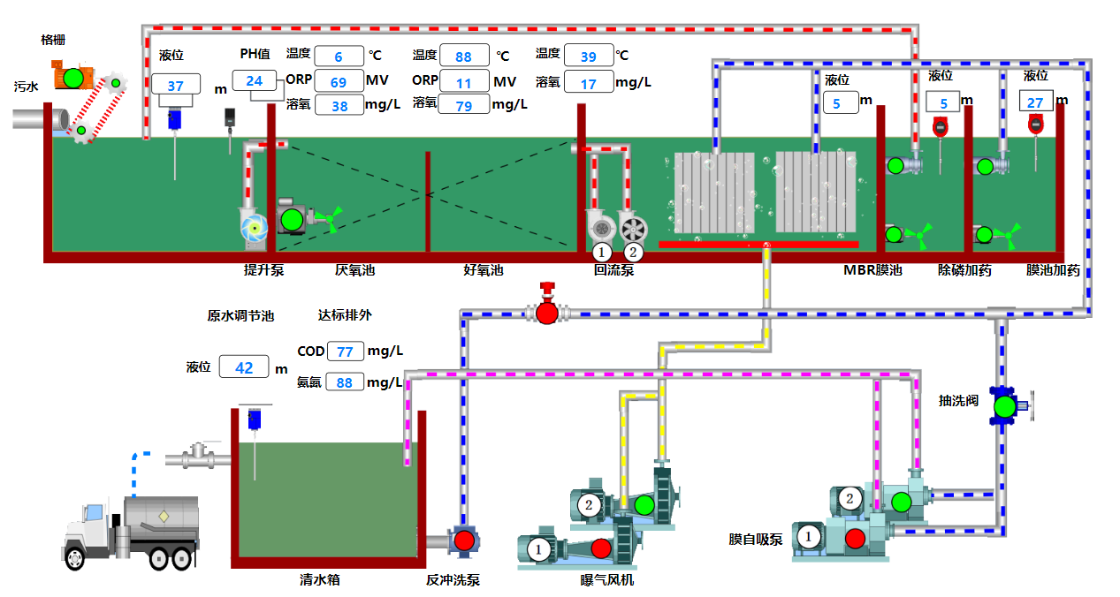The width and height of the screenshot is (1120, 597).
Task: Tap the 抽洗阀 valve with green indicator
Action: [x=1004, y=407]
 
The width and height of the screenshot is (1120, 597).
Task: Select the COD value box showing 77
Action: [x=345, y=351]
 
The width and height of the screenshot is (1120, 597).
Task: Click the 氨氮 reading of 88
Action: [x=345, y=382]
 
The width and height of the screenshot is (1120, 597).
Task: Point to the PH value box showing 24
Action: [x=254, y=81]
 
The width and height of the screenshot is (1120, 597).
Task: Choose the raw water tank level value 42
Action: [x=244, y=367]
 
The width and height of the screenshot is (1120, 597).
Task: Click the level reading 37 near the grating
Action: [x=176, y=86]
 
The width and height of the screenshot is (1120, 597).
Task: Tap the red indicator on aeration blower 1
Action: [x=600, y=548]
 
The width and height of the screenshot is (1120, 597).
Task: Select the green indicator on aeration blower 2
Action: [x=644, y=505]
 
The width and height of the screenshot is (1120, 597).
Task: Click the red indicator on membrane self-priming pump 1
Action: [x=854, y=537]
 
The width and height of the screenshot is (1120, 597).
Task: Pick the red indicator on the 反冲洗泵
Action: [x=464, y=540]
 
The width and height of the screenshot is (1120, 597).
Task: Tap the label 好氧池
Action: [x=483, y=270]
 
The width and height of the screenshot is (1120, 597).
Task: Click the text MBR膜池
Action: [x=872, y=270]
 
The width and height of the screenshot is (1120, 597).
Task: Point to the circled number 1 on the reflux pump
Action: [x=602, y=253]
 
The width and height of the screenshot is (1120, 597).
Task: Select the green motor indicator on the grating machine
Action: [x=73, y=78]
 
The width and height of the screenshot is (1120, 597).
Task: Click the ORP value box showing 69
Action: [x=339, y=82]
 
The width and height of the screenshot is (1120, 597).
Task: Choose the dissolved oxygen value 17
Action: [x=589, y=85]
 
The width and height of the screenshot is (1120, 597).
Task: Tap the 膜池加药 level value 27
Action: [x=1034, y=102]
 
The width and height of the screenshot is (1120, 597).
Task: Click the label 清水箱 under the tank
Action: [x=320, y=580]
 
